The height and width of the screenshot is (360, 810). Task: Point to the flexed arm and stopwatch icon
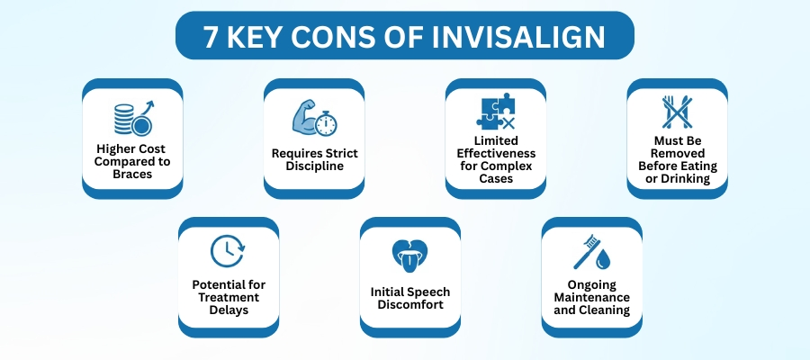coord(313,117)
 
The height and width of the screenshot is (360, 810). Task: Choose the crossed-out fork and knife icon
coord(677,113)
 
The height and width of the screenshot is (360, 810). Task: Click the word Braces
coord(132,174)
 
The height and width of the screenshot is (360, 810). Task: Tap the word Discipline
coord(313,166)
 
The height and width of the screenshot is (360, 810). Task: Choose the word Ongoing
coord(591,285)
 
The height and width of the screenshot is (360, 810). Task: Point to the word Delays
coord(228,310)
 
